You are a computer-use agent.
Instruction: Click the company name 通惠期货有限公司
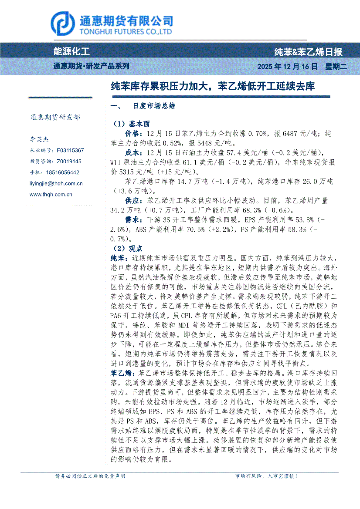coord(126,20)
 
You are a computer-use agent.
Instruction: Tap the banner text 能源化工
coord(71,52)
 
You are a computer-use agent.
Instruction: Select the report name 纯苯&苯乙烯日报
coord(308,52)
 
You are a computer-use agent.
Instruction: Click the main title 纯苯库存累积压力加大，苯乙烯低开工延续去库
coord(213,86)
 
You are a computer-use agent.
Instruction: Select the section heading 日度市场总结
coord(154,106)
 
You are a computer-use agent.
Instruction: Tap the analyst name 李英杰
coord(39,140)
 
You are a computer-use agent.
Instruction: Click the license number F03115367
coord(70,150)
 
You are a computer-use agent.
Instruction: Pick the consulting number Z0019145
coord(69,161)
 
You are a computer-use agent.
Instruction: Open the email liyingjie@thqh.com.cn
coord(56,184)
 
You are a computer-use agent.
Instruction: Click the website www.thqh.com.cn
coord(51,195)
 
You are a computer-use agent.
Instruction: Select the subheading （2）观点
coord(124,248)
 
